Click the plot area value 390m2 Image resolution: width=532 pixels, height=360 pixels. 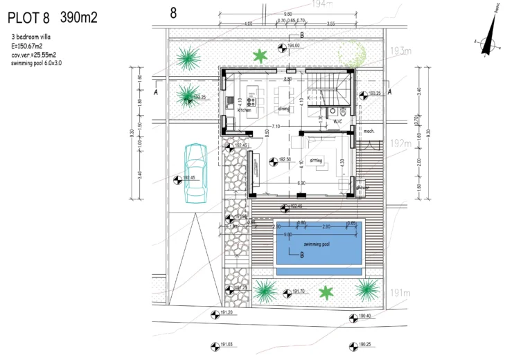point(79,18)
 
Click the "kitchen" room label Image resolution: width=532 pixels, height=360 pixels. point(244,110)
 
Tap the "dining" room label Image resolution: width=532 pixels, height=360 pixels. point(284,109)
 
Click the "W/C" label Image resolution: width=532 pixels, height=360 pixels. point(338,121)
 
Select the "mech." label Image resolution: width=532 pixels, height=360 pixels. point(369,131)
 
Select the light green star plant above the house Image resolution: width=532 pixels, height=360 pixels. point(260,56)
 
